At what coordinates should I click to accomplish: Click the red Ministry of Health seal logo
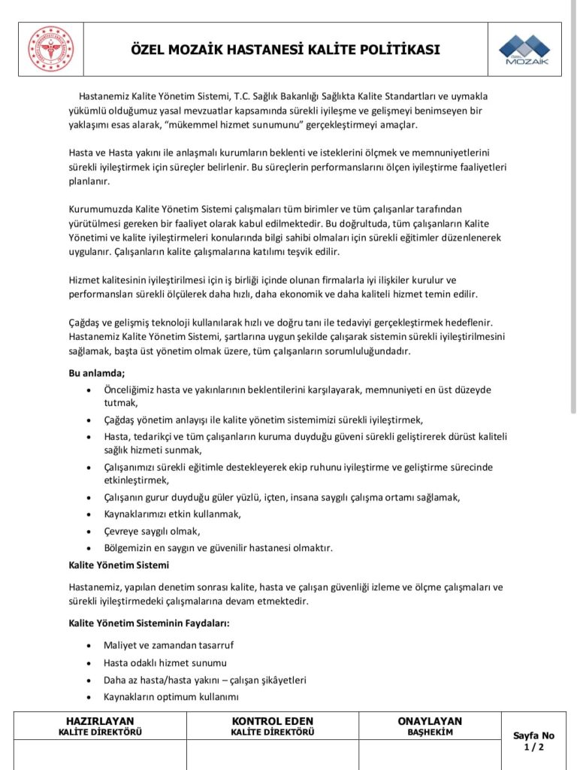pyautogui.click(x=51, y=49)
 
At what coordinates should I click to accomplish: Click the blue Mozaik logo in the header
pyautogui.click(x=524, y=49)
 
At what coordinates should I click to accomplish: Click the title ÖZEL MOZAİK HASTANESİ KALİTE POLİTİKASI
pyautogui.click(x=285, y=50)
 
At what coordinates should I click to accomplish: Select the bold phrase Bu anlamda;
pyautogui.click(x=97, y=373)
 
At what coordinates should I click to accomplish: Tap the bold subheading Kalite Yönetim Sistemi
pyautogui.click(x=119, y=564)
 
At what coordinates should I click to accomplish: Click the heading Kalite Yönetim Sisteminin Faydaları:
pyautogui.click(x=149, y=623)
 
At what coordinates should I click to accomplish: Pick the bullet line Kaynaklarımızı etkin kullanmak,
pyautogui.click(x=173, y=514)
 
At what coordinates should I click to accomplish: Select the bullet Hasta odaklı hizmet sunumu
pyautogui.click(x=165, y=662)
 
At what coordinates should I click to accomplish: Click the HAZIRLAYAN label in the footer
pyautogui.click(x=100, y=721)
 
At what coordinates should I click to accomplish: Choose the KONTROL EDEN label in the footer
pyautogui.click(x=273, y=721)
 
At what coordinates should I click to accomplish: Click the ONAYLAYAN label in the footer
pyautogui.click(x=430, y=721)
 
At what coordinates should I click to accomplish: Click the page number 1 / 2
pyautogui.click(x=533, y=747)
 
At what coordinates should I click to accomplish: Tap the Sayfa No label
pyautogui.click(x=533, y=735)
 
